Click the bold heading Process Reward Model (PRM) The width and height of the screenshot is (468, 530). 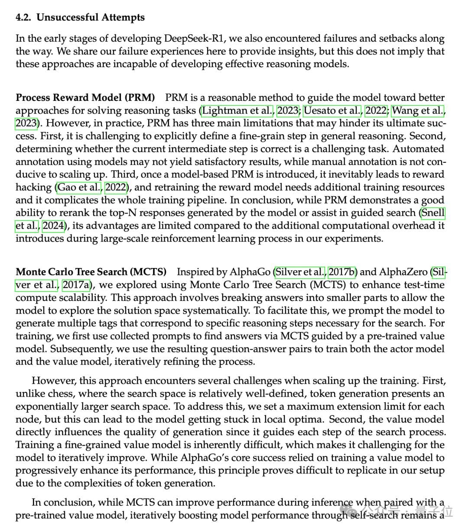coord(85,98)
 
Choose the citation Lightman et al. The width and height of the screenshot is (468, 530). coord(238,111)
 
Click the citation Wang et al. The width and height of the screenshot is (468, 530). coord(419,111)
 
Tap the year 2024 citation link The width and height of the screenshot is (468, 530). coord(53,226)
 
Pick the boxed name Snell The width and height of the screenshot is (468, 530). coord(433,213)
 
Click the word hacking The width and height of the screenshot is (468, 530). coord(34,187)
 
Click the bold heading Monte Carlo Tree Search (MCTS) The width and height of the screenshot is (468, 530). coord(91,272)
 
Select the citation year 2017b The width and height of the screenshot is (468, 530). coord(342,272)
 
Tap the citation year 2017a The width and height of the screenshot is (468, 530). coord(76,285)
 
